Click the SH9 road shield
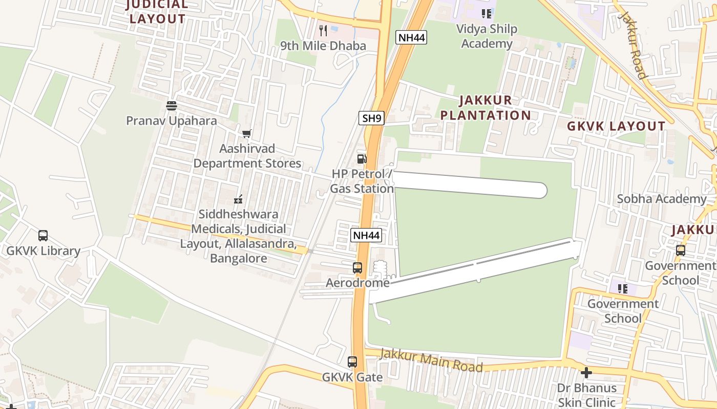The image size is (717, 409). (x=371, y=118)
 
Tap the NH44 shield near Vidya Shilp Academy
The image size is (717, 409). (x=411, y=37)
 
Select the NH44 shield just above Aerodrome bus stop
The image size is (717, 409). (x=366, y=235)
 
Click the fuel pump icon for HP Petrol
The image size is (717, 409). (x=362, y=158)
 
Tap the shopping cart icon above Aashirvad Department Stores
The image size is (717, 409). (x=247, y=134)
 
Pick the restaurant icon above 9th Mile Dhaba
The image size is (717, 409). (x=323, y=31)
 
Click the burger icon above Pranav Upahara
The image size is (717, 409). (x=172, y=106)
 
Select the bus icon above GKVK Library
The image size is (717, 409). (x=43, y=236)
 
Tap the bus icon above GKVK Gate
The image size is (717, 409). (x=352, y=362)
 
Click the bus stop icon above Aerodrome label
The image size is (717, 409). (x=357, y=267)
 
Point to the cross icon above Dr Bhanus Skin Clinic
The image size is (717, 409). (x=586, y=373)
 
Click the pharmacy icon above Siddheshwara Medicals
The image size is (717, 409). (x=238, y=199)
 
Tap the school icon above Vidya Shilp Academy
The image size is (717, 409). (x=487, y=14)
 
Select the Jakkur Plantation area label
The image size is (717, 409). (x=485, y=107)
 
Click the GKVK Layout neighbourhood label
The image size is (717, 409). (x=616, y=126)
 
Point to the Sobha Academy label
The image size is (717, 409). (x=662, y=199)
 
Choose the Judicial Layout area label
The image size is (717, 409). (x=157, y=12)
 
